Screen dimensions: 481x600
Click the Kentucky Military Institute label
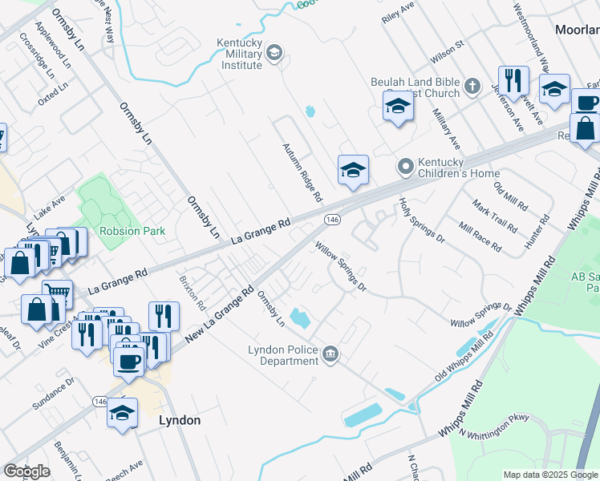click(x=240, y=54)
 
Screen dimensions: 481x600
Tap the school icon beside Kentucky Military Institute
click(x=274, y=54)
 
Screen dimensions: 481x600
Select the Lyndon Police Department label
click(x=283, y=355)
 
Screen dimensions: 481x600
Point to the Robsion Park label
click(x=132, y=231)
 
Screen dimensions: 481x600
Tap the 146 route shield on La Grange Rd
click(x=332, y=219)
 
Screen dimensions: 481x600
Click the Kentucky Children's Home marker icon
click(x=406, y=167)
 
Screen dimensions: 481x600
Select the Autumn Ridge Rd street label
click(x=302, y=172)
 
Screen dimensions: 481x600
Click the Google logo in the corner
click(x=26, y=471)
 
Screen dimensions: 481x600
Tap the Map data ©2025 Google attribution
click(x=550, y=475)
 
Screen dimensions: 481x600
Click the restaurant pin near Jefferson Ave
click(x=513, y=81)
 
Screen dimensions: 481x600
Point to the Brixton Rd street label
click(x=193, y=294)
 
